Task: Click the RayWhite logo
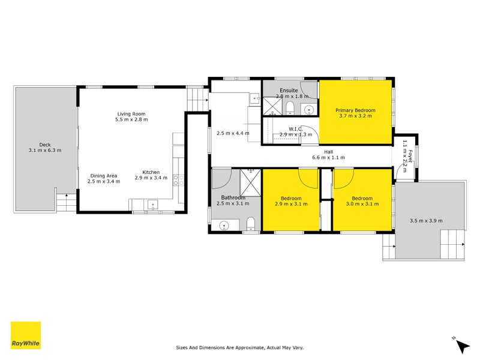pos(26,335)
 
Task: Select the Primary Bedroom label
pos(355,110)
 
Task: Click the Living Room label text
pos(131,114)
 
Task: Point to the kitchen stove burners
pos(178,178)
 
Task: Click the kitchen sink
pos(152,205)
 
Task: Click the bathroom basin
pos(224,226)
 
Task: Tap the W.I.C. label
pos(295,128)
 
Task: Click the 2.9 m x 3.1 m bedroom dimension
pos(291,204)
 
